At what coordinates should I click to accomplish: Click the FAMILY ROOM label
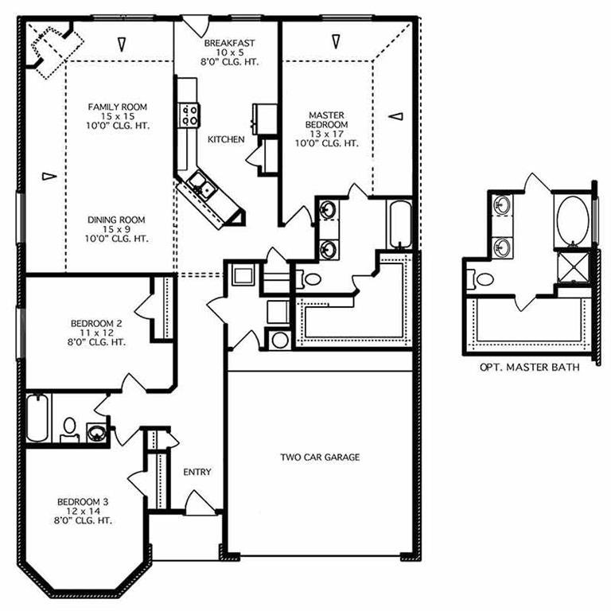tap(118, 107)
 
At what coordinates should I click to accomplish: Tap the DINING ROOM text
tap(118, 220)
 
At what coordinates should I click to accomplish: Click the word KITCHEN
tap(226, 139)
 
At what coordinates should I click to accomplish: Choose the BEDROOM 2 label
tap(96, 323)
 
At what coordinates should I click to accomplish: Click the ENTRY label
tap(197, 472)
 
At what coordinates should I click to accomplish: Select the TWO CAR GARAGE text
tap(320, 457)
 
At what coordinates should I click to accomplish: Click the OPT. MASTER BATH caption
tap(529, 368)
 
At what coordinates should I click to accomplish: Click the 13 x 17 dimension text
tap(328, 134)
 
